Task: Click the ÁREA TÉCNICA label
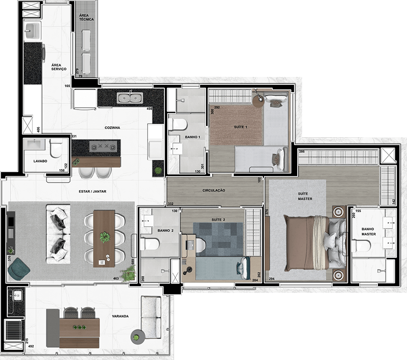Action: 87,17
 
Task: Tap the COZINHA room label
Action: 113,128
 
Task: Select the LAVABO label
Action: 40,161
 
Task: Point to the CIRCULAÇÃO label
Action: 214,190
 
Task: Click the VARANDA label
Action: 120,316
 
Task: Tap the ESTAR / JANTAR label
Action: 93,191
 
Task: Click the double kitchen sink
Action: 130,98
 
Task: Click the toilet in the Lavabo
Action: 56,148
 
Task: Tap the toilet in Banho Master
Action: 361,245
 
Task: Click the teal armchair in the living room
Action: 19,269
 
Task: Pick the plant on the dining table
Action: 105,237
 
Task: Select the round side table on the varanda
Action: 138,337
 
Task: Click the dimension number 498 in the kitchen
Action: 149,109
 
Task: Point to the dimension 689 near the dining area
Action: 133,262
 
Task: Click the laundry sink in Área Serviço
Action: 32,31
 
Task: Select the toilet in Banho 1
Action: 178,124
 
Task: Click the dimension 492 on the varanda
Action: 31,346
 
